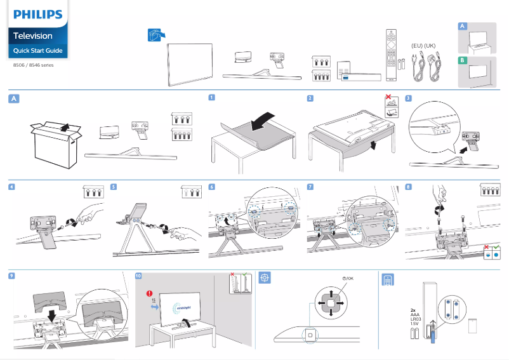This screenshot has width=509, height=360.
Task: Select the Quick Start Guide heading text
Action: pyautogui.click(x=37, y=50)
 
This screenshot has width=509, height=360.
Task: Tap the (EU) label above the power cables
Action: pyautogui.click(x=417, y=46)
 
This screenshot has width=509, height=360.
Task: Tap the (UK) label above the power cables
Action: pyautogui.click(x=430, y=46)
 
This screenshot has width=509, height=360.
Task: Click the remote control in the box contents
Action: pyautogui.click(x=391, y=55)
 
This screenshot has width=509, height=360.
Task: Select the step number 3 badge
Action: pyautogui.click(x=408, y=98)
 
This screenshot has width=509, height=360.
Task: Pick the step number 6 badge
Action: pyautogui.click(x=211, y=187)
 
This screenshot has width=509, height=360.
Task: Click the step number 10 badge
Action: pyautogui.click(x=139, y=276)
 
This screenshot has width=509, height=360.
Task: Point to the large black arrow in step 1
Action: pyautogui.click(x=263, y=121)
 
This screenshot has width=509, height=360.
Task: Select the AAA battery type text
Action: pyautogui.click(x=415, y=315)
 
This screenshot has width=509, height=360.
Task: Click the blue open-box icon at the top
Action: pyautogui.click(x=155, y=36)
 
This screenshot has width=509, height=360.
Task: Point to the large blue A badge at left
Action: pyautogui.click(x=14, y=98)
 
